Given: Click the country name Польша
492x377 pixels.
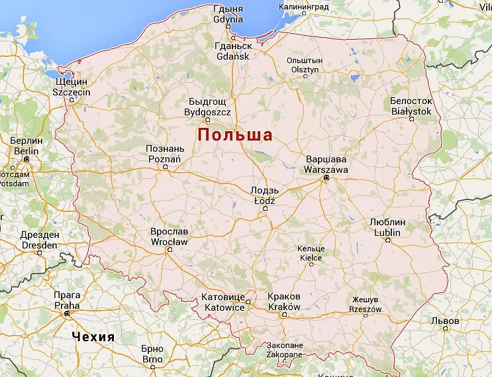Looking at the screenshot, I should click(x=235, y=135).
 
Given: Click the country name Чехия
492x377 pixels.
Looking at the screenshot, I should click(x=93, y=337).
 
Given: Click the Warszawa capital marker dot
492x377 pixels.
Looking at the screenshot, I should click(x=326, y=178).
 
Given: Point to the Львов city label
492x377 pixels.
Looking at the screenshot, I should click(x=444, y=320).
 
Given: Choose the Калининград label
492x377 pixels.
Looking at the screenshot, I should click(x=303, y=7).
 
